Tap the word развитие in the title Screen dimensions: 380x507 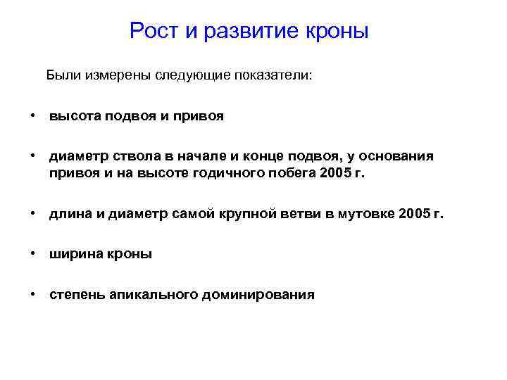click(x=246, y=32)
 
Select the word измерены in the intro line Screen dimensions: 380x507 click(x=115, y=75)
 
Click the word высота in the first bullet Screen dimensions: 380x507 click(x=74, y=117)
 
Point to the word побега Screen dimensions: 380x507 click(x=288, y=174)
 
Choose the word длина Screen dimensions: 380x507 click(x=70, y=215)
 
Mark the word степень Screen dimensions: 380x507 click(x=76, y=295)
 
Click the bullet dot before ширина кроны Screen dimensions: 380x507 click(x=33, y=254)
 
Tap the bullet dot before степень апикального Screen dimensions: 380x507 click(x=33, y=294)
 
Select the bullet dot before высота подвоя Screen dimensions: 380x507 click(x=33, y=116)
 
